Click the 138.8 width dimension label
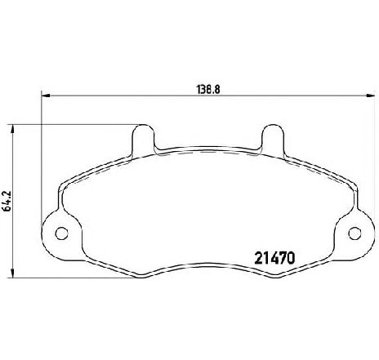pyautogui.click(x=208, y=89)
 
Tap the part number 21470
pyautogui.click(x=274, y=258)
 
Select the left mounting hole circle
pyautogui.click(x=61, y=233)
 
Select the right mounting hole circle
pyautogui.click(x=355, y=233)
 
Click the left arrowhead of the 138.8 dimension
pyautogui.click(x=46, y=96)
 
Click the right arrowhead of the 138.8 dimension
pyautogui.click(x=370, y=96)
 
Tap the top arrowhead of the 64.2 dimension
pyautogui.click(x=12, y=129)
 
